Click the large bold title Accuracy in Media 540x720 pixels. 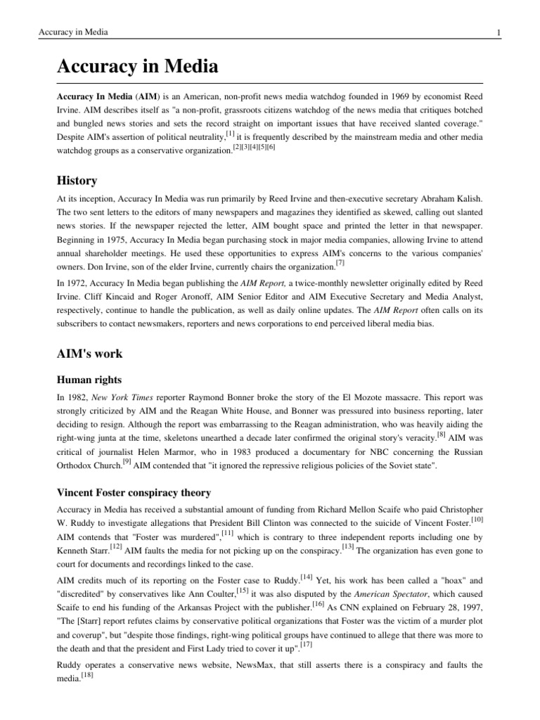(x=137, y=67)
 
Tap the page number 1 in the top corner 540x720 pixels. (x=498, y=32)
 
